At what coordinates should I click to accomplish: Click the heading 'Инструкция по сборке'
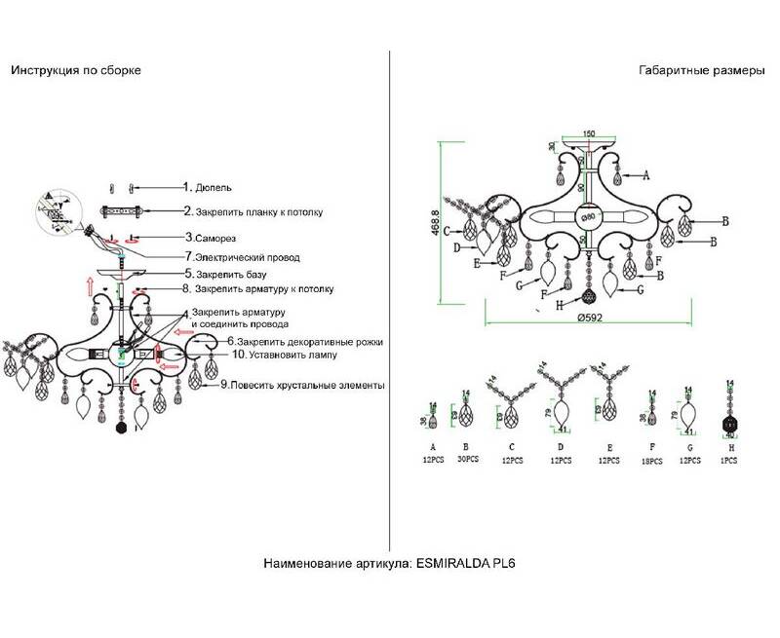pos(76,71)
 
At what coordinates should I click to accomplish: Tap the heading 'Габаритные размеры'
pos(695,71)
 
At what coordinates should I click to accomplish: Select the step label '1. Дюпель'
pos(208,186)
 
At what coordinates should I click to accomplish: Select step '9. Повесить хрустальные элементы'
pos(302,386)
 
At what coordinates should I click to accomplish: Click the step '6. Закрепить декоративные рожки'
pos(305,342)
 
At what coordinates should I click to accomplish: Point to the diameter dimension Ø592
pos(592,319)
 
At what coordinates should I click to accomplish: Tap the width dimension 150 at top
pos(589,133)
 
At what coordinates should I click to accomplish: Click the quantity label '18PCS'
pos(652,461)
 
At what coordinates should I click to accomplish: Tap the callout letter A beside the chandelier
pos(645,175)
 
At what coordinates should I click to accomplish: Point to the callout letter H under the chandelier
pos(559,304)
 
